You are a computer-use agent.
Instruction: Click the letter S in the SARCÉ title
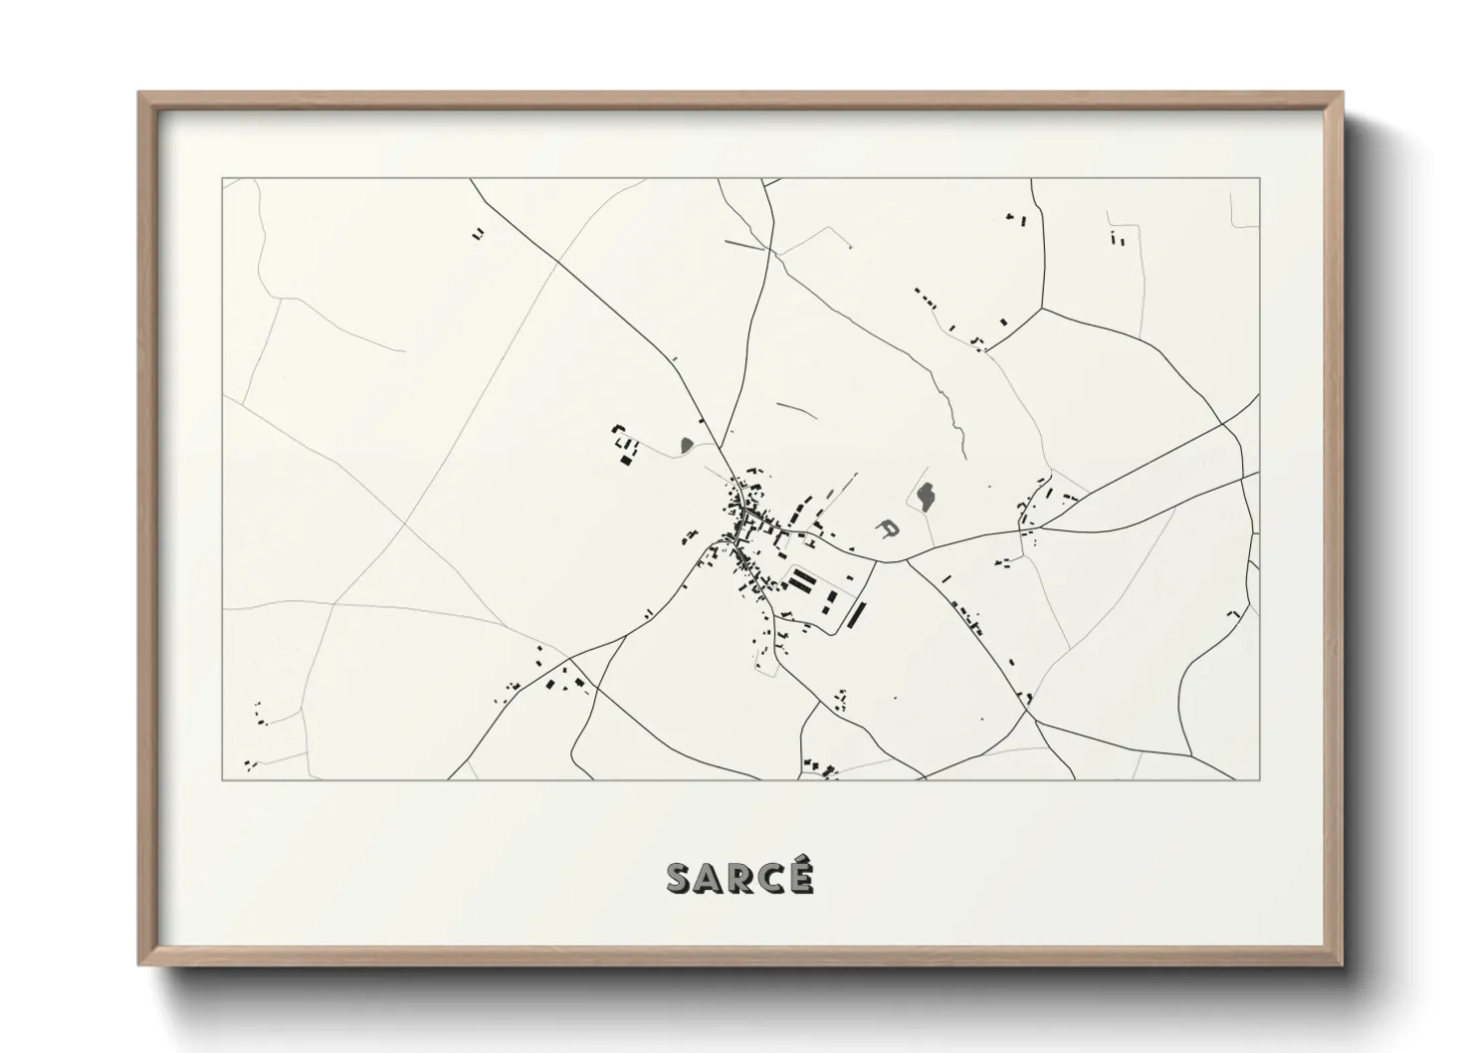tap(679, 879)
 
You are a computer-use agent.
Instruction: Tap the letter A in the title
tap(709, 879)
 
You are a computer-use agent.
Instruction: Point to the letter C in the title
tap(770, 879)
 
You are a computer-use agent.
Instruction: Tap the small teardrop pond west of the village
tap(686, 444)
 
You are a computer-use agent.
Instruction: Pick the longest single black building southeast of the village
tap(855, 615)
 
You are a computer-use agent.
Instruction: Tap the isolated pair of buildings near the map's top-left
tap(479, 234)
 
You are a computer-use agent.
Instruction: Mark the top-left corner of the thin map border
tap(223, 179)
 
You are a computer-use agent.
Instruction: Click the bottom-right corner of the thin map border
tap(1260, 779)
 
